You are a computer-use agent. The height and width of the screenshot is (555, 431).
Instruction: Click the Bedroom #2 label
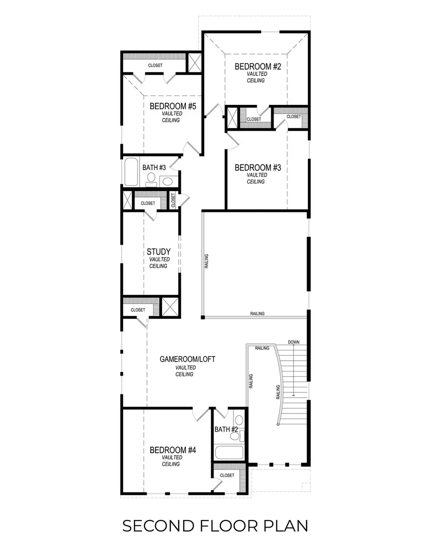258,67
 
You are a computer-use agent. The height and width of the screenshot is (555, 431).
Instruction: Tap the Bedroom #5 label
173,106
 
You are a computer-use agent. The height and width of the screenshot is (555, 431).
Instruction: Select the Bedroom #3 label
258,168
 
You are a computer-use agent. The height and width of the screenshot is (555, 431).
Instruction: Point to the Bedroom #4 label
173,450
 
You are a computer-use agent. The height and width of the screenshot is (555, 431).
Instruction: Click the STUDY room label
158,252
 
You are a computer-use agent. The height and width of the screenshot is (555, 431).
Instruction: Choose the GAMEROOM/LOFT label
187,359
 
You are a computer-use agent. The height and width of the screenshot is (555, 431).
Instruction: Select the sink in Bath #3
168,182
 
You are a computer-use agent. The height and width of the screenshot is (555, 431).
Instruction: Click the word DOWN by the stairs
294,342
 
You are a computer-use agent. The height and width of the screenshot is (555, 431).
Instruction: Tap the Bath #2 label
226,430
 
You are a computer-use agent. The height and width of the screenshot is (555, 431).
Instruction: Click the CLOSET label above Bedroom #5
155,65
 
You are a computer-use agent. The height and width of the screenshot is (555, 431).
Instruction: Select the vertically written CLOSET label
173,201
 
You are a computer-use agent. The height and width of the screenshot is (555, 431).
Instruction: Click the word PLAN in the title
286,526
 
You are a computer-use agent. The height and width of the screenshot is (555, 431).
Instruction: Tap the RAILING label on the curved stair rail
278,392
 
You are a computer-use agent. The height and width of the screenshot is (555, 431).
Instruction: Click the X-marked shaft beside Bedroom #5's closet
195,63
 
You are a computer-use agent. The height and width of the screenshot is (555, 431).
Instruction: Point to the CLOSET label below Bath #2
227,475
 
